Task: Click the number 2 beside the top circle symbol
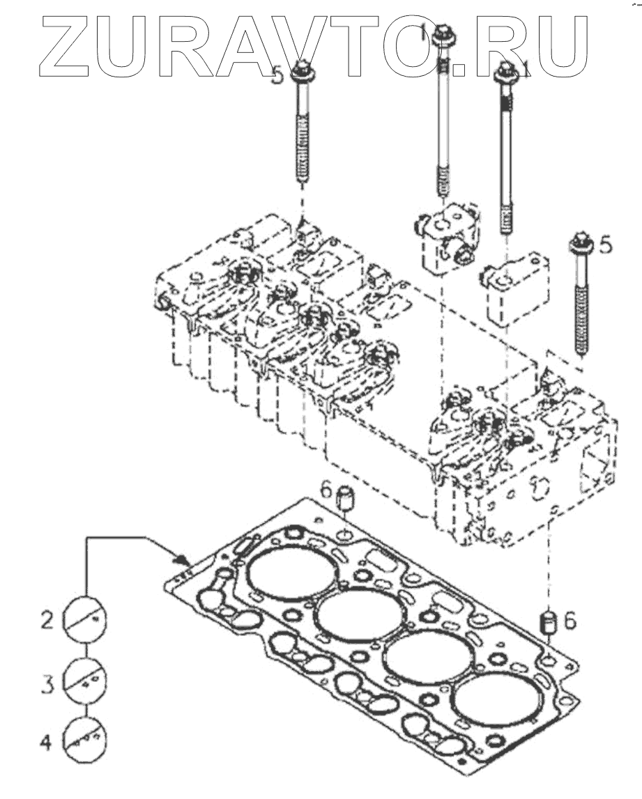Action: pyautogui.click(x=47, y=620)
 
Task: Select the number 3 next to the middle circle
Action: pyautogui.click(x=47, y=683)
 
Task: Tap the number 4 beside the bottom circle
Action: pyautogui.click(x=47, y=743)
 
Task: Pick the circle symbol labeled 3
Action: pyautogui.click(x=84, y=681)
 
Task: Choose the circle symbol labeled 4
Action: pyautogui.click(x=84, y=739)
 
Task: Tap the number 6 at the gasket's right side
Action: pyautogui.click(x=570, y=621)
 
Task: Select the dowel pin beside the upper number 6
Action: pyautogui.click(x=346, y=497)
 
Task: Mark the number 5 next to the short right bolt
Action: pyautogui.click(x=605, y=245)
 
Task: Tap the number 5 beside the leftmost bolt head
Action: pyautogui.click(x=276, y=76)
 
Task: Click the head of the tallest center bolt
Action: pyautogui.click(x=442, y=33)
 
